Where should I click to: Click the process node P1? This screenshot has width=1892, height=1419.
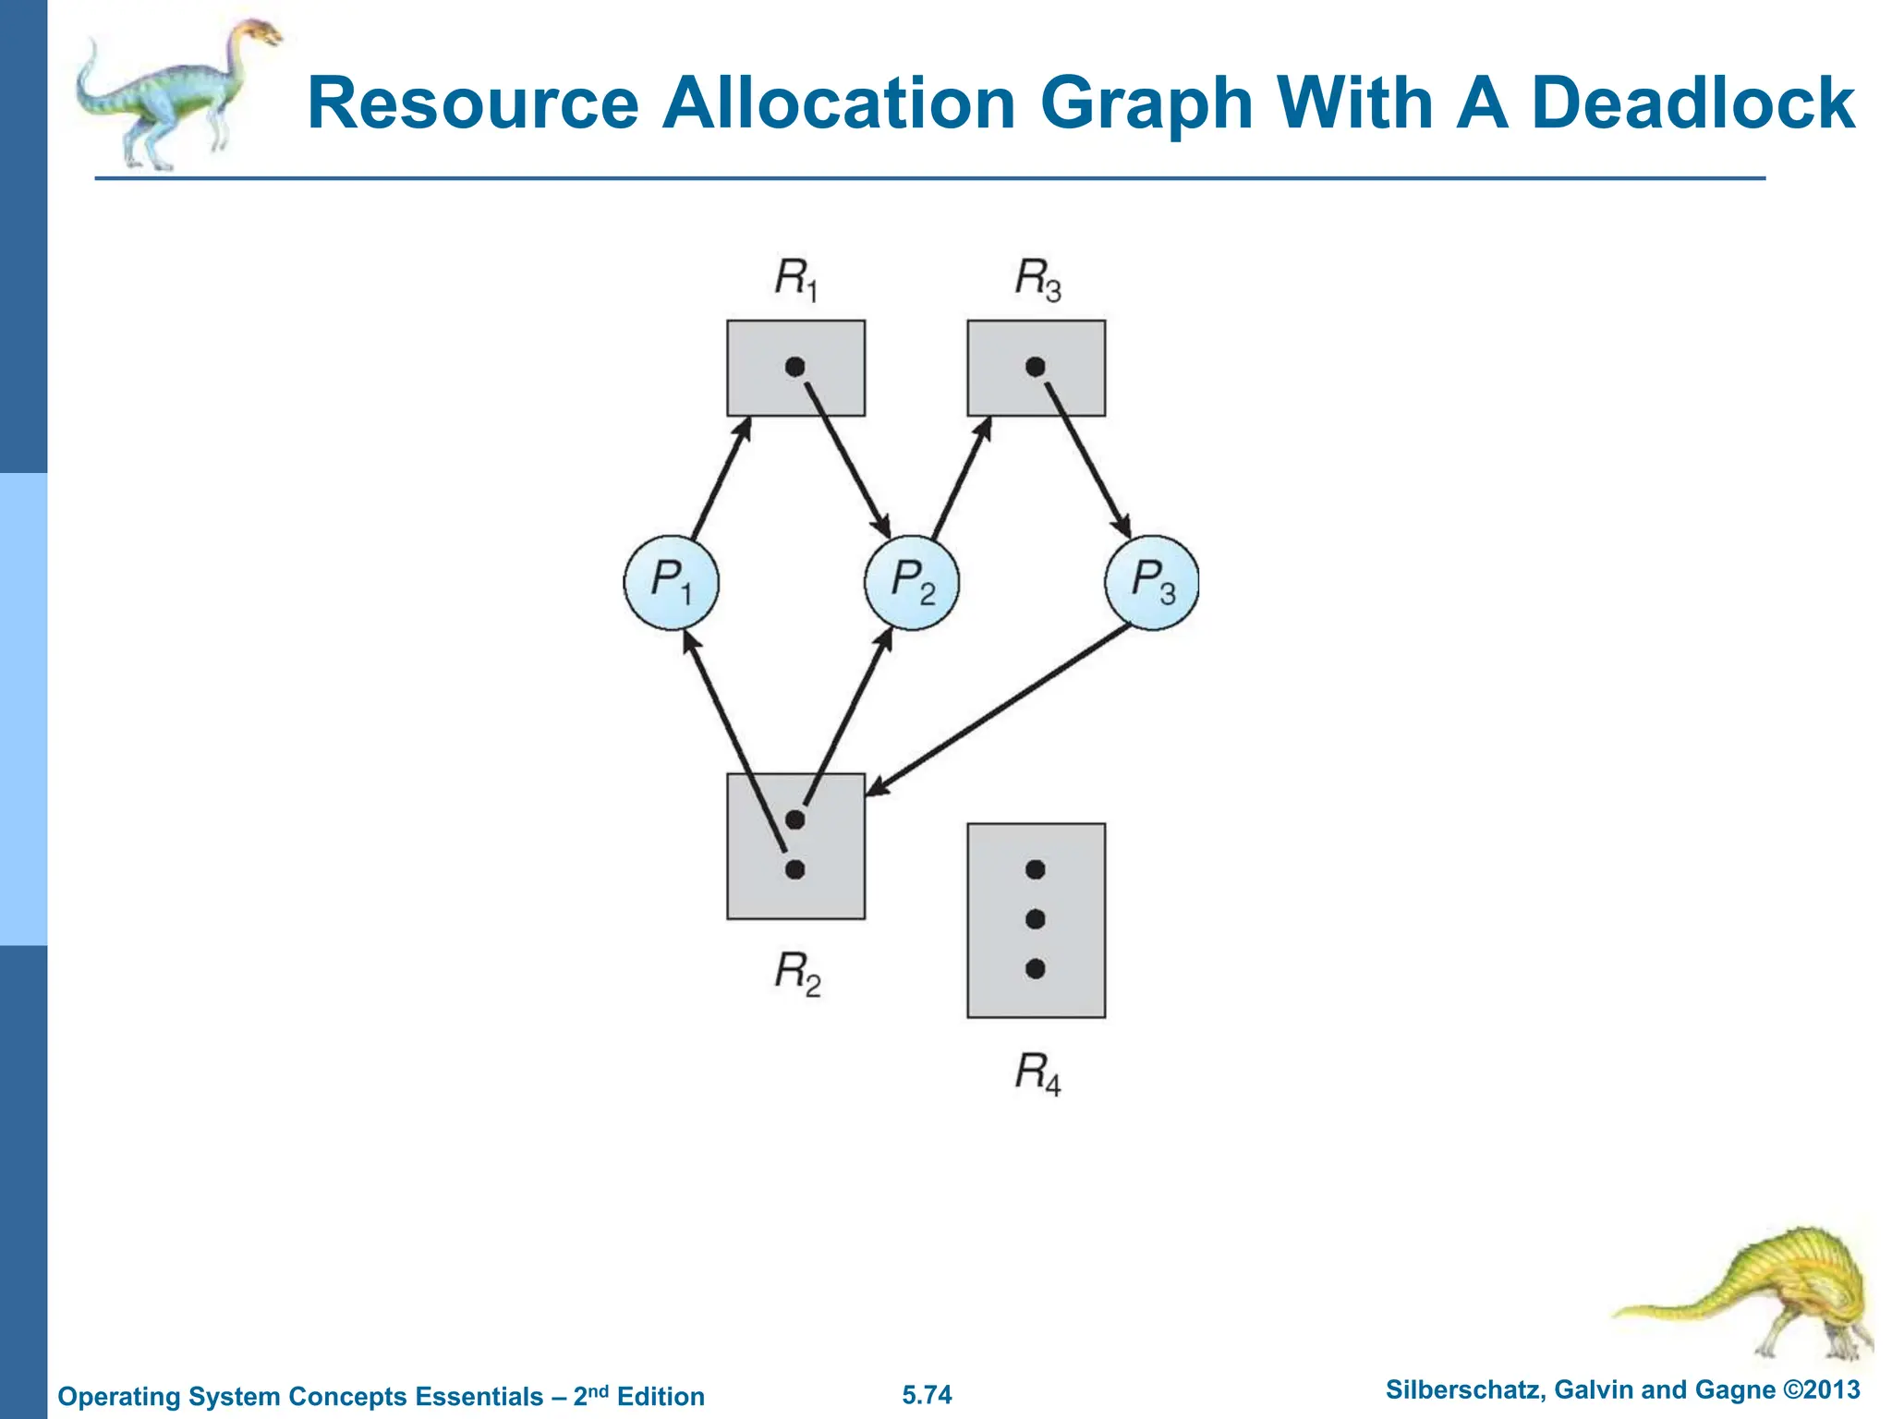(x=671, y=583)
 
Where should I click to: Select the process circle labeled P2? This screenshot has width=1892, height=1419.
(x=912, y=583)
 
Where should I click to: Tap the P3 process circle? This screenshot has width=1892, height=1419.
(x=1152, y=583)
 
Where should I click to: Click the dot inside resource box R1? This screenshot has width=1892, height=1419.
(x=794, y=367)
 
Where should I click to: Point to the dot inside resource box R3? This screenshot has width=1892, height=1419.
(x=1036, y=367)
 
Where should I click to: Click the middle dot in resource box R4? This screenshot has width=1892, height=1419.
(x=1036, y=919)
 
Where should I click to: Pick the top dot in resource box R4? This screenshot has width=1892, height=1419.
(x=1036, y=869)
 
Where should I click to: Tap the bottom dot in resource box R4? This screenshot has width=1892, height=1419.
(x=1036, y=968)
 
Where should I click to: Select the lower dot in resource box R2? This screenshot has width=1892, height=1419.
(x=794, y=869)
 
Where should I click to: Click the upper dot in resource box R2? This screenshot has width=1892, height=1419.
(x=794, y=819)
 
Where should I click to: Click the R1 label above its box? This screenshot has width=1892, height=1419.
(x=796, y=278)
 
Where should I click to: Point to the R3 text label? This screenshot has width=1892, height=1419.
(x=1037, y=278)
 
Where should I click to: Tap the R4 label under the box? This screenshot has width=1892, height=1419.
(x=1037, y=1073)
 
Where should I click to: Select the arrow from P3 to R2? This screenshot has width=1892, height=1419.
(x=998, y=709)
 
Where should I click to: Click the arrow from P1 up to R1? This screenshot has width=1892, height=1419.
(x=721, y=479)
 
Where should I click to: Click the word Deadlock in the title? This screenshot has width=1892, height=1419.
(x=1692, y=103)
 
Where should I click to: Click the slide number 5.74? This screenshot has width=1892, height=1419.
(x=927, y=1394)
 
